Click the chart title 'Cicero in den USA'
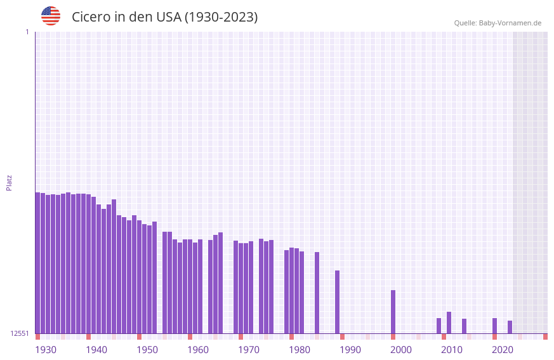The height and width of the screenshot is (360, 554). coord(164,17)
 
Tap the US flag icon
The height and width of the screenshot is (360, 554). coord(51,16)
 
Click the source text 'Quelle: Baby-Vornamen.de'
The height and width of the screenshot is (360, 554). coord(498,23)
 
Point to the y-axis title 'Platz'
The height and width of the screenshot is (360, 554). coord(9,182)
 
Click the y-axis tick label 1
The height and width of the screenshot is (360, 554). coord(27,32)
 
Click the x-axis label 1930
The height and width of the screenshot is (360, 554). coord(46,350)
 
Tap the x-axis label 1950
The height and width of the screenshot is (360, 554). coord(147,350)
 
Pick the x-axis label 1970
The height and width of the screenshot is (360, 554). coord(249,350)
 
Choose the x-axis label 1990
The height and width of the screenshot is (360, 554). coord(350,350)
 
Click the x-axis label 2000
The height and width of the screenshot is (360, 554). coord(401,350)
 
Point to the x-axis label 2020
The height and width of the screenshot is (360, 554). coord(503,350)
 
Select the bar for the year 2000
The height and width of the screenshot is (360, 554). coord(393,312)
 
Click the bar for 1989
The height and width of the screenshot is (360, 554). coord(338,302)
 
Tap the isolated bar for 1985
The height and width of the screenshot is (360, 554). coord(317,293)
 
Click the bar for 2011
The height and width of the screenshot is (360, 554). coord(449,323)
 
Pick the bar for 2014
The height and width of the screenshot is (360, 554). coord(465,326)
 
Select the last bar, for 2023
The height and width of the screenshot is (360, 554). coord(510,327)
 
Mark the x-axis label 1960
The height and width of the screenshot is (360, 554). coord(198,350)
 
